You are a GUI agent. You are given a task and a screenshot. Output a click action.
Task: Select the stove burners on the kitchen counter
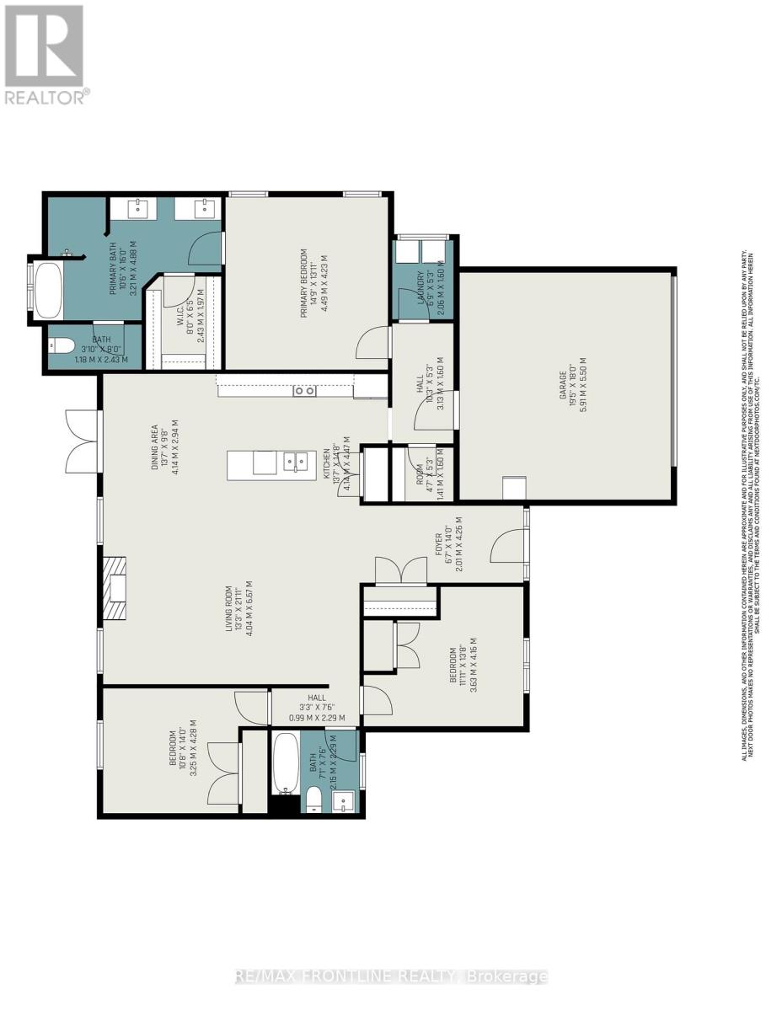[x=304, y=390]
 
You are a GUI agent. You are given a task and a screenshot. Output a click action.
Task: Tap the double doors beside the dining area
[x=83, y=441]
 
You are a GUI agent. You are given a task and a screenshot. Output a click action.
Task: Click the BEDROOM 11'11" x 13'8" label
[x=463, y=670]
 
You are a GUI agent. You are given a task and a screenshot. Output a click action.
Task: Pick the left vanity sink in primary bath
[x=139, y=207]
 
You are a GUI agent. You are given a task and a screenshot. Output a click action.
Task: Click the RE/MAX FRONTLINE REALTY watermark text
[x=391, y=976]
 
